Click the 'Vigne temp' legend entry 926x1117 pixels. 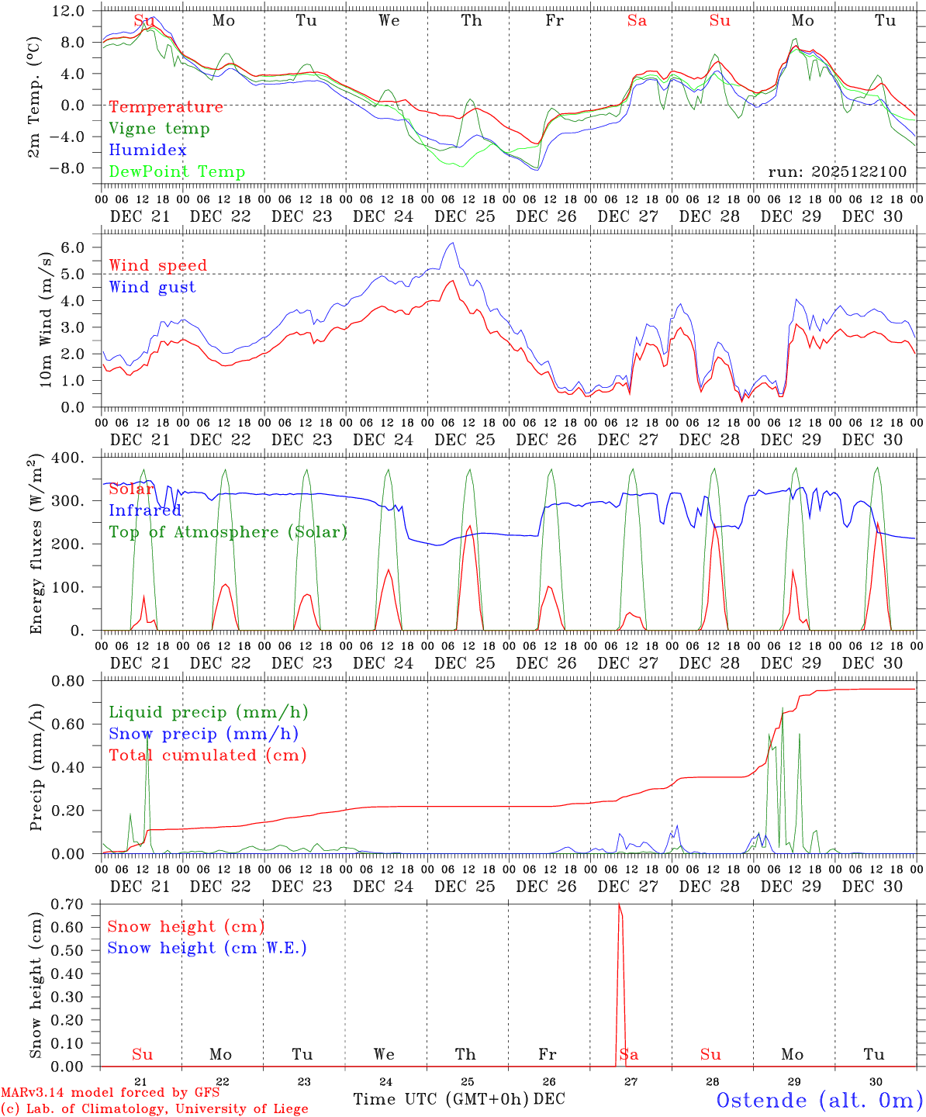[x=159, y=129]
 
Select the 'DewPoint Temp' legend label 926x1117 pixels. [x=177, y=172]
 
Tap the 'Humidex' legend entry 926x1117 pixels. [x=147, y=150]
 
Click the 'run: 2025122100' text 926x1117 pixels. [x=838, y=172]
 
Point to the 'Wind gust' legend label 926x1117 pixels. [x=152, y=287]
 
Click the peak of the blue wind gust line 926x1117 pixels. [x=452, y=244]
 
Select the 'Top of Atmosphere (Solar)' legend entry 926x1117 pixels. [x=228, y=532]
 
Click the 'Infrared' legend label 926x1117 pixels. [x=145, y=510]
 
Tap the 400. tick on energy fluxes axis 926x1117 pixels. [x=71, y=458]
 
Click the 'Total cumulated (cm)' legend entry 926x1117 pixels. [x=207, y=756]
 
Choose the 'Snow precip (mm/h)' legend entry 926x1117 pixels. [x=203, y=734]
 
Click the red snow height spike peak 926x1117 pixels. [x=619, y=904]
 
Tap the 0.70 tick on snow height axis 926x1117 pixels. [x=70, y=904]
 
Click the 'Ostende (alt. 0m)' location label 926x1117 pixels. [x=819, y=1100]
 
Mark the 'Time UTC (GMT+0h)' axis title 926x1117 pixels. [x=441, y=1099]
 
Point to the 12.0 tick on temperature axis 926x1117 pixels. [x=71, y=11]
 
